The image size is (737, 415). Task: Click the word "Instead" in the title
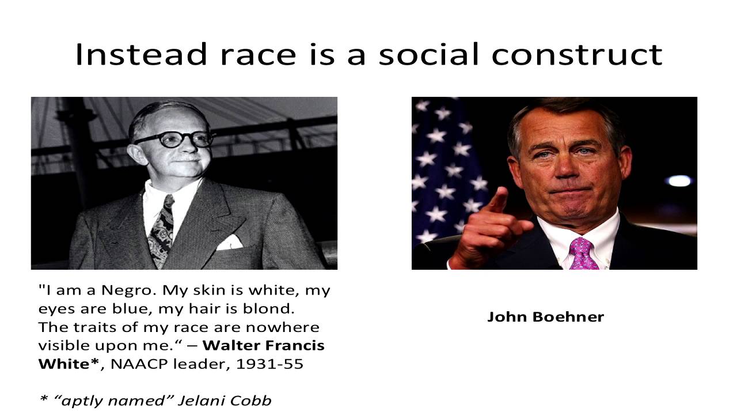(141, 54)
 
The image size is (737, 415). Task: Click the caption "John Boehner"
(545, 316)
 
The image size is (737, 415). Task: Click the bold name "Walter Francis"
(264, 345)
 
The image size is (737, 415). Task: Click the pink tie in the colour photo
(583, 254)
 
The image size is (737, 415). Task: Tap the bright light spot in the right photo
(679, 180)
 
